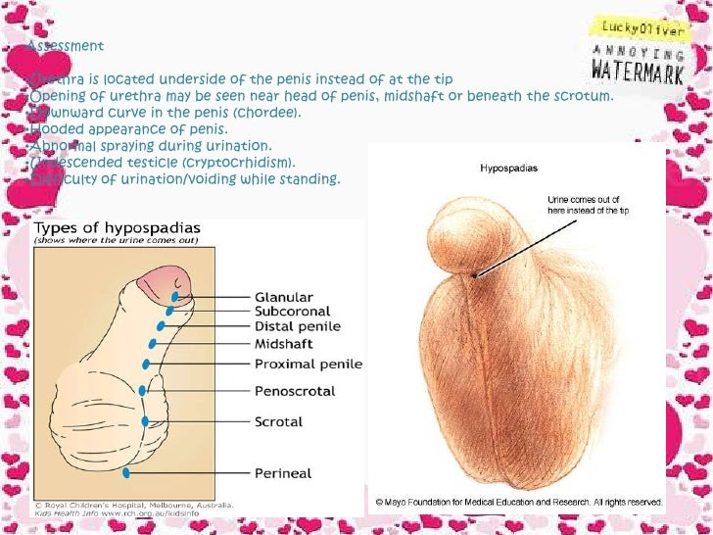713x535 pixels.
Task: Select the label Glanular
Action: (284, 297)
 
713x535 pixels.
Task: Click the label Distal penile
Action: (298, 327)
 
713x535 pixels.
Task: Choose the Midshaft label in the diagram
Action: (283, 344)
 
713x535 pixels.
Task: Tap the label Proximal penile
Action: (308, 364)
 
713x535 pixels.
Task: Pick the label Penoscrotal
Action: (294, 391)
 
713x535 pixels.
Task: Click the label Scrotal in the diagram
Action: (278, 422)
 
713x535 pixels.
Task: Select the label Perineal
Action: (282, 473)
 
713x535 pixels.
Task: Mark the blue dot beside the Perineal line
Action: (126, 472)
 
